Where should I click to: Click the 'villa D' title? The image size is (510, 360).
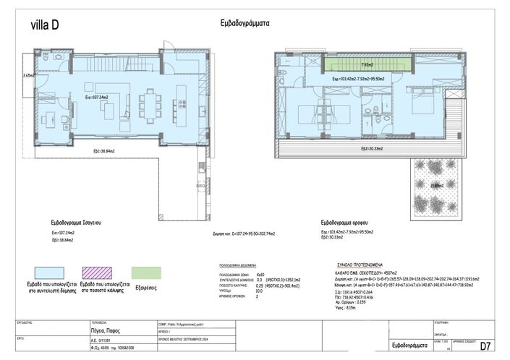44,26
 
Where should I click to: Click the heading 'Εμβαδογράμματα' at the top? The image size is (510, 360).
245,22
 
